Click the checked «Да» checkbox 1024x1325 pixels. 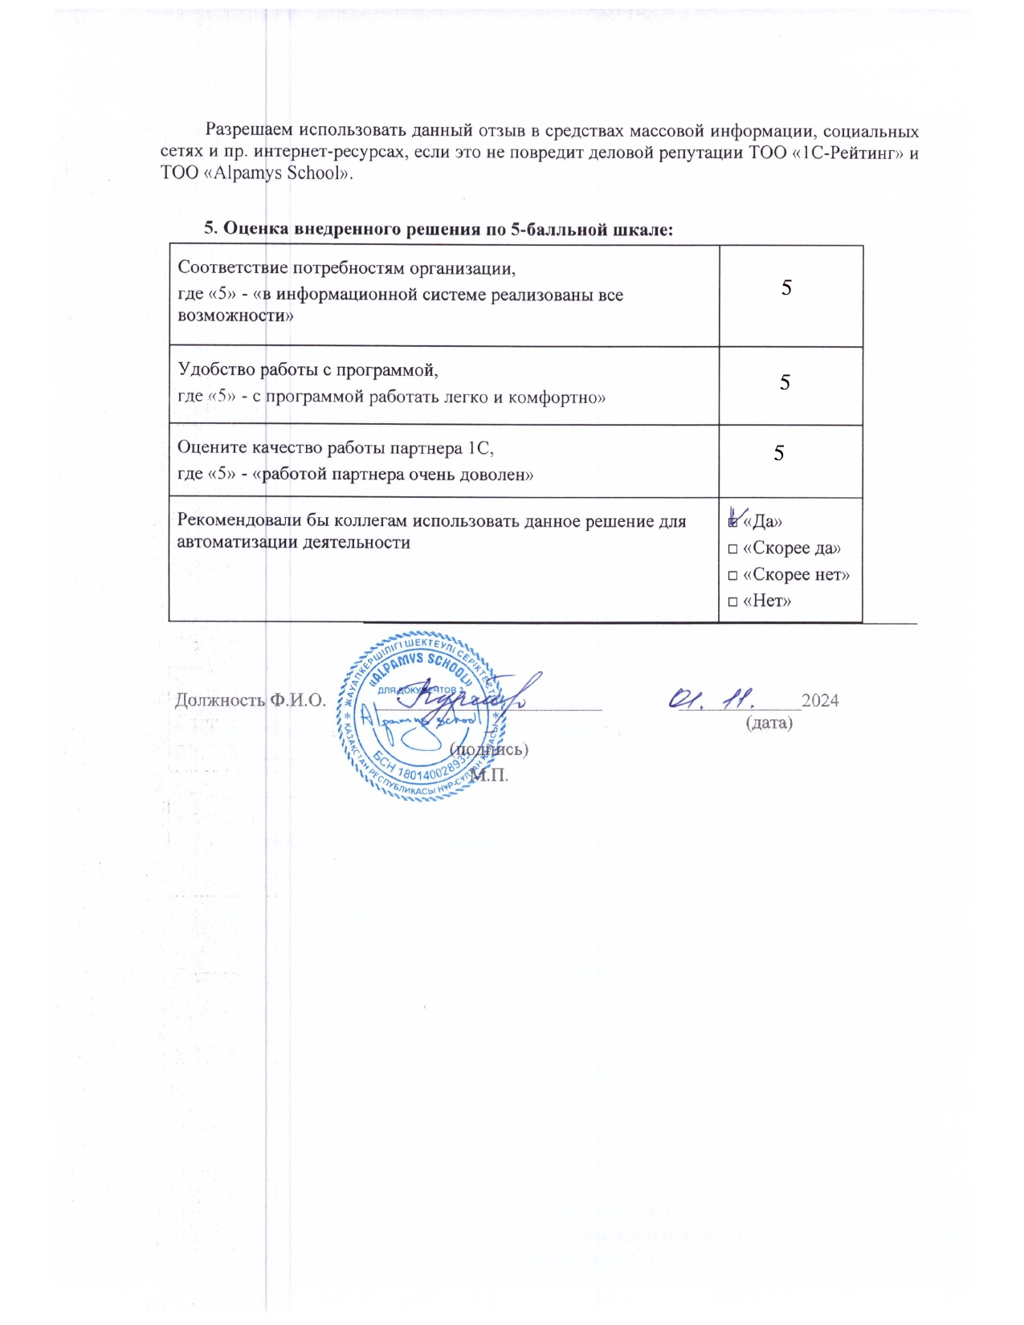click(x=732, y=522)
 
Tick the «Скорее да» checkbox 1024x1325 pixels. click(x=732, y=549)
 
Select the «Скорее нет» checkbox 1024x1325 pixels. click(x=732, y=576)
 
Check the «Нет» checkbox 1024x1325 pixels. click(x=732, y=602)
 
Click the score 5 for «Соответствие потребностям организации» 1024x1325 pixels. click(x=786, y=288)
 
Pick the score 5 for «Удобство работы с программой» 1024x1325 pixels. click(x=785, y=383)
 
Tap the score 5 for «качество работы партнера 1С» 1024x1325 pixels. click(x=779, y=454)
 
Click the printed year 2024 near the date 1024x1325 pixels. click(x=820, y=700)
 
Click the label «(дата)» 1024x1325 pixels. click(x=769, y=723)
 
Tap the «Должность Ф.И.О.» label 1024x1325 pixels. click(x=250, y=699)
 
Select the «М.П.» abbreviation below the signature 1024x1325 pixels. click(x=489, y=775)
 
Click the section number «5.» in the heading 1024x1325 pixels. click(x=211, y=228)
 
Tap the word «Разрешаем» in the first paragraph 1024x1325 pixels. click(x=248, y=130)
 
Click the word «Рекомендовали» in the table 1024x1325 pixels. click(x=239, y=521)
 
